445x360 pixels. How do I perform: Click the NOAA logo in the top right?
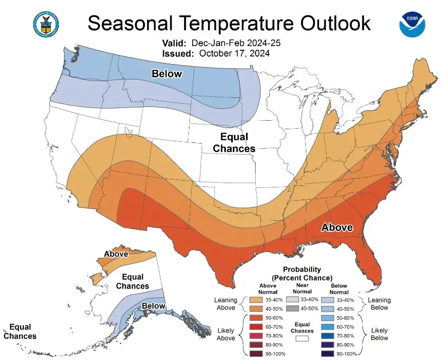[413, 22]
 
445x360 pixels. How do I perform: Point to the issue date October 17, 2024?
[234, 53]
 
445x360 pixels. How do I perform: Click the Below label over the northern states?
[167, 74]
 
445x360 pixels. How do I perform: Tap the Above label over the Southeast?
[337, 227]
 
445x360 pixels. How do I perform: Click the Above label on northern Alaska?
[115, 254]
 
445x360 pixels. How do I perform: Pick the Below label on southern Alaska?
[153, 305]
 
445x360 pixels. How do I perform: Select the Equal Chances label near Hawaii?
[20, 331]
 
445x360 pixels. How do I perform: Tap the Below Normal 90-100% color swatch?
[327, 354]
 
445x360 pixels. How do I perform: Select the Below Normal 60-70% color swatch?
[327, 327]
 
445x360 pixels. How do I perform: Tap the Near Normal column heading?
[302, 288]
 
